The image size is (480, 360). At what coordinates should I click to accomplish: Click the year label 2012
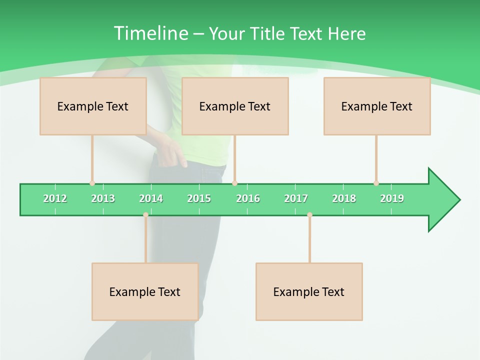pos(55,198)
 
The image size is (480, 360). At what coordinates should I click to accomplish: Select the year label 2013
pos(103,198)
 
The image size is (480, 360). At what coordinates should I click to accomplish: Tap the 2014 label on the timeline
pos(151,198)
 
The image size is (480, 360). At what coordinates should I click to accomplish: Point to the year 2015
pos(199,198)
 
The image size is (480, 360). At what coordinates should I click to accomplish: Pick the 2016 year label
pos(248,198)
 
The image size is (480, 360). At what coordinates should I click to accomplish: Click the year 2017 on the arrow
pos(296,198)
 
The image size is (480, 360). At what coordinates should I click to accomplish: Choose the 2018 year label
pos(344,198)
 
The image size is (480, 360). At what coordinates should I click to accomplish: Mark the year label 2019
pos(392,198)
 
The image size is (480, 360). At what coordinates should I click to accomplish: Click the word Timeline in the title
pos(150,33)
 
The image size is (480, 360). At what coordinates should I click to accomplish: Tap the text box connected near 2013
pos(93,106)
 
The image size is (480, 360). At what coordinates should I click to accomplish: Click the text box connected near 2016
pos(235,106)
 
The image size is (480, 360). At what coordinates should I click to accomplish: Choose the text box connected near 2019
pos(377,106)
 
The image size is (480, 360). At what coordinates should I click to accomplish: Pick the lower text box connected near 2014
pos(145,291)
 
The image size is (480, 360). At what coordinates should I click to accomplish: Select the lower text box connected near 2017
pos(309,291)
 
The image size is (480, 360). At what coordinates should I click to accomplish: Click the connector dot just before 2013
pos(92,183)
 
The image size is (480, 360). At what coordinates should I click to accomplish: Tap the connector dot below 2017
pos(309,214)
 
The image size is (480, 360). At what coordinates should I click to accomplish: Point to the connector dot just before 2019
pos(376,183)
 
